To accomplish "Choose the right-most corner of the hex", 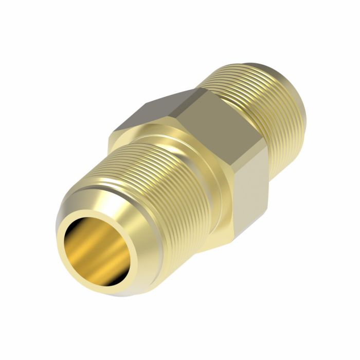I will point(268,149).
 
